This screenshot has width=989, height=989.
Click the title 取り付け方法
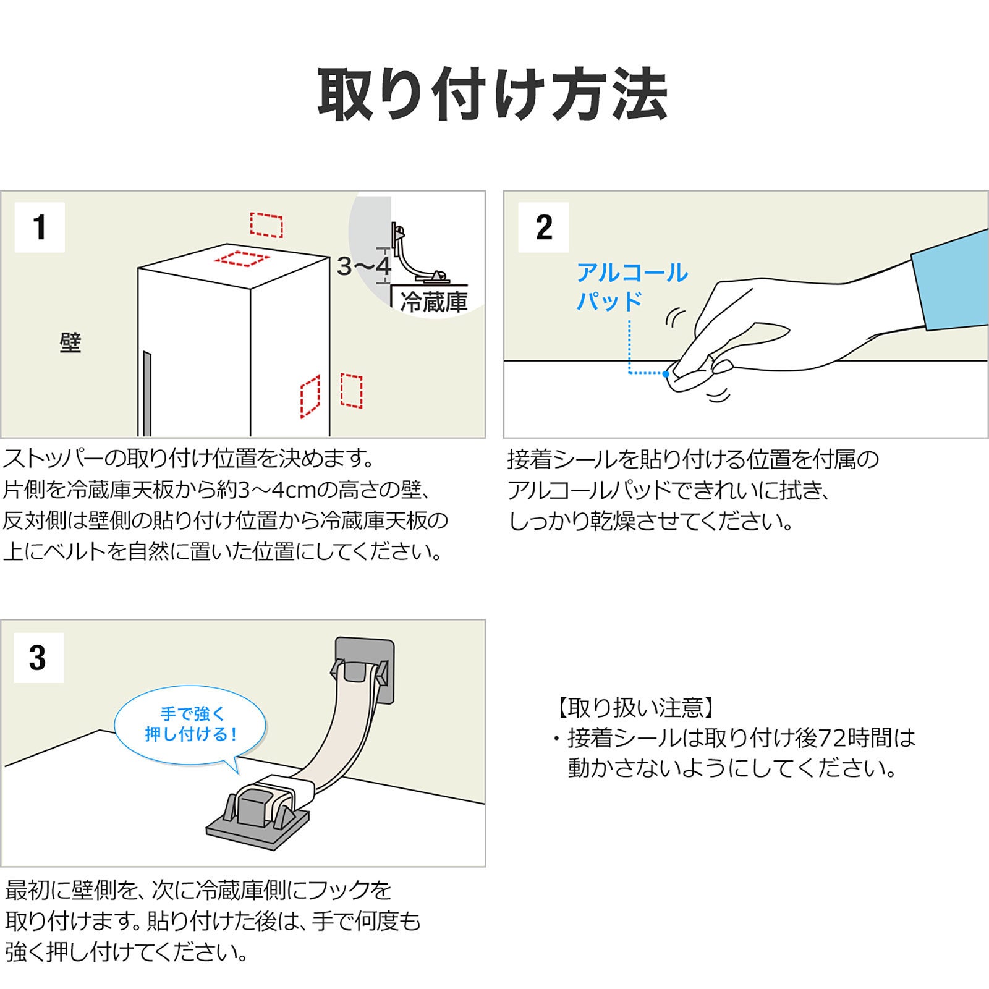point(493,95)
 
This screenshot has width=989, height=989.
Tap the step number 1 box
point(40,227)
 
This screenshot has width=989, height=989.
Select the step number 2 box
point(543,227)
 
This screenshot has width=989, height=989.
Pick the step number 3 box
point(38,658)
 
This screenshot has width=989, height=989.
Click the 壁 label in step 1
point(70,342)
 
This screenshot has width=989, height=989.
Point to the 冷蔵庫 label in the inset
point(433,302)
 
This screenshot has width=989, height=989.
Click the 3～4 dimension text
point(364,266)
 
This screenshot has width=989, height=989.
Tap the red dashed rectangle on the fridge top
point(242,258)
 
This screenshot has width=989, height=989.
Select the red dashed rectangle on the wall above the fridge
point(266,225)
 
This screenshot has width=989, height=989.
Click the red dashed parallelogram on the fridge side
point(310,396)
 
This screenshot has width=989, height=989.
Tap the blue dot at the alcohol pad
point(666,374)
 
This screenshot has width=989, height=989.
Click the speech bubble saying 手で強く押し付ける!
point(190,724)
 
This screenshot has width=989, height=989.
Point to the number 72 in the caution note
point(833,737)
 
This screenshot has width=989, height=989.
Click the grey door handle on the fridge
point(146,393)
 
